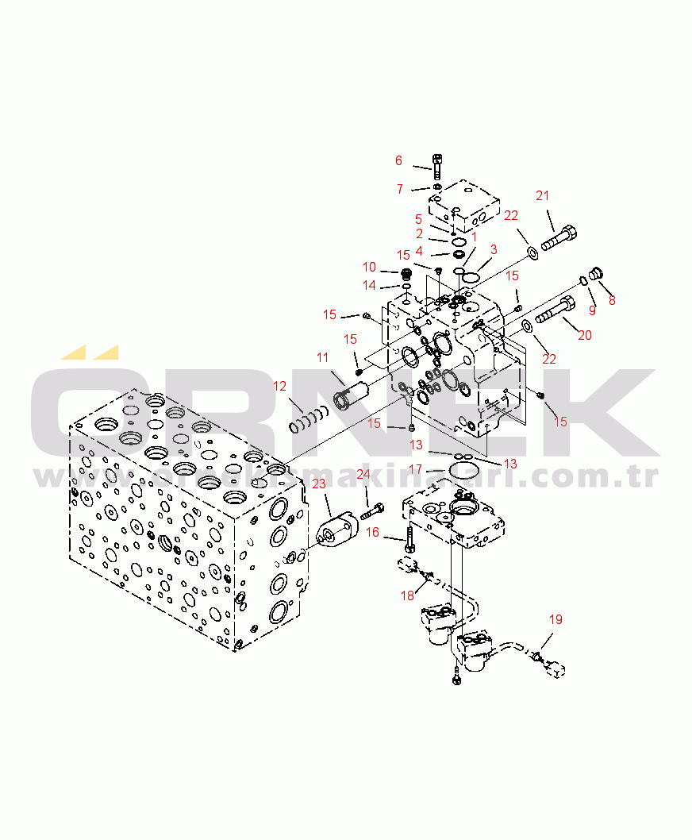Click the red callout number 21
point(543,196)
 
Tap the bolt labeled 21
point(559,239)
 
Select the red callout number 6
point(398,160)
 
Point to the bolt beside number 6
point(437,167)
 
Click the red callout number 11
point(322,357)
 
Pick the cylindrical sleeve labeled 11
point(349,394)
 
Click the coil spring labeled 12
point(309,419)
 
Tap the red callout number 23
point(319,484)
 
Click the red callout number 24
point(363,474)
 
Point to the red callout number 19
point(556,619)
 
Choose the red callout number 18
point(408,595)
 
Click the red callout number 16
point(372,532)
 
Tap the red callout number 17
point(416,470)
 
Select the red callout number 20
point(584,335)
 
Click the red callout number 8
point(612,301)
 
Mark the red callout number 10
point(370,267)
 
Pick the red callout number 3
point(494,249)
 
